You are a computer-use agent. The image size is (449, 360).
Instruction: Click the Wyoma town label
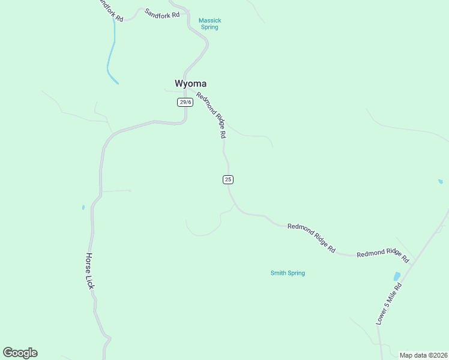(x=190, y=83)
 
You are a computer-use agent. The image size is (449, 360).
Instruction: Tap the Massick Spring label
(x=210, y=24)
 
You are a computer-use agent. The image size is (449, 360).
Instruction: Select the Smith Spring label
(x=288, y=273)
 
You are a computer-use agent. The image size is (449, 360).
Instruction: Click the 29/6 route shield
(x=185, y=102)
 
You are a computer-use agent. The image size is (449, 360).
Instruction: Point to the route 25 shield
(x=228, y=179)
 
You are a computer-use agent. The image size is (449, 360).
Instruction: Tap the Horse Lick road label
(x=89, y=271)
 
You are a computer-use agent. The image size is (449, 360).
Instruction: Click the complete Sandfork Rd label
(x=162, y=13)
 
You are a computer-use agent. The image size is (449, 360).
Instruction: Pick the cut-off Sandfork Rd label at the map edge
(x=110, y=10)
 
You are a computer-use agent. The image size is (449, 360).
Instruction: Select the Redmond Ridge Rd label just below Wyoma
(x=211, y=116)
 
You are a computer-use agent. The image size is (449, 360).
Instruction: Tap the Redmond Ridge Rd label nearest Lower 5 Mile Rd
(x=382, y=256)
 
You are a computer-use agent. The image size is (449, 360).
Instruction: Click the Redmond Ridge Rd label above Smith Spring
(x=311, y=237)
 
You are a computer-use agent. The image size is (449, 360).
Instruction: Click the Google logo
(x=20, y=353)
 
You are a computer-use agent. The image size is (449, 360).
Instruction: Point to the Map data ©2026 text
(x=423, y=355)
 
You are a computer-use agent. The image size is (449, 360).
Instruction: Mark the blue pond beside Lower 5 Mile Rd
(x=396, y=277)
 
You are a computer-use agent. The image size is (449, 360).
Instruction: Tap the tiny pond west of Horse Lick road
(x=83, y=208)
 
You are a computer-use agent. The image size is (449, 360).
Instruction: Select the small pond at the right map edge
(x=440, y=181)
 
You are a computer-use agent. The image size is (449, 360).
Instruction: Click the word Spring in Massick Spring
(x=210, y=28)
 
